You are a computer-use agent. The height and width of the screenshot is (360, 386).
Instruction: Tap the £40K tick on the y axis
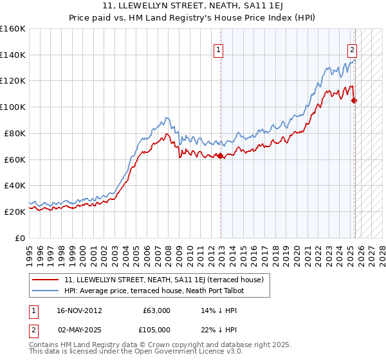[x=14, y=185]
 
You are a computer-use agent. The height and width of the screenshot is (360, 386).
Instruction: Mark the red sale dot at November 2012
[x=221, y=156]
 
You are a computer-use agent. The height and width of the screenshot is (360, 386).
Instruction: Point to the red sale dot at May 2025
[x=354, y=100]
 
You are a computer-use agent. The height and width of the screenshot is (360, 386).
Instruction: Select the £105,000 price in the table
[x=156, y=330]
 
